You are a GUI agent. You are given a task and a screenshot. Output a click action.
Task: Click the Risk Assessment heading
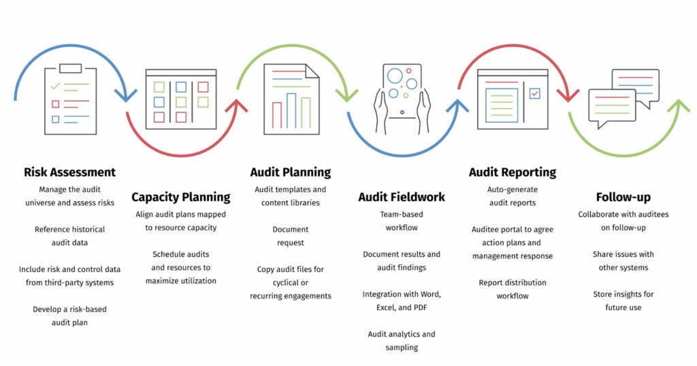69,172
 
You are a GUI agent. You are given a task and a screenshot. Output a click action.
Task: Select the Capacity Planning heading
180,197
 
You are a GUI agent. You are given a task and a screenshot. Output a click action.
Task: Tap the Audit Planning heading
290,172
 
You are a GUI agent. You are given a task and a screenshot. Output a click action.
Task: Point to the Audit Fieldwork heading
401,197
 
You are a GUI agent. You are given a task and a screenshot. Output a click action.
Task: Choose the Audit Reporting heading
512,172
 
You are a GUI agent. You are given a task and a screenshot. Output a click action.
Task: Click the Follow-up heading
623,197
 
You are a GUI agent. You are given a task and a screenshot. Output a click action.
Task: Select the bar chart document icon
291,95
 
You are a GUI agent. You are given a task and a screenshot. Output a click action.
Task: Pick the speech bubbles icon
623,99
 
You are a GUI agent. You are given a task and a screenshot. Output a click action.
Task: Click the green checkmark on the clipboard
56,87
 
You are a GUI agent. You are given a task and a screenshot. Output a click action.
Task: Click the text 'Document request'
290,236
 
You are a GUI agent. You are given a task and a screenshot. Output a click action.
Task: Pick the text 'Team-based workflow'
401,220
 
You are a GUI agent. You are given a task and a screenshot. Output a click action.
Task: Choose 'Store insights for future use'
623,301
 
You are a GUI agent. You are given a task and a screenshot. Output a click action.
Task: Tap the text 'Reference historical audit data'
69,236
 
